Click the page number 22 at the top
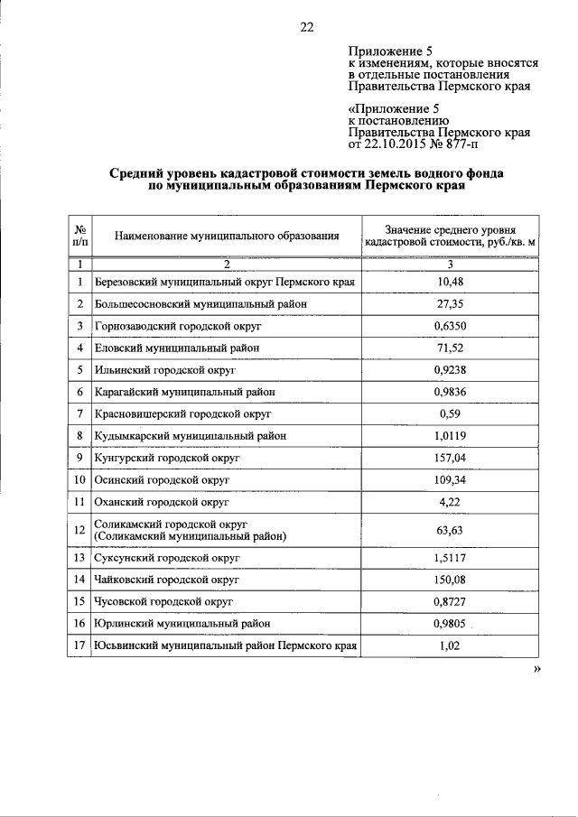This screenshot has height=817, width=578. (305, 27)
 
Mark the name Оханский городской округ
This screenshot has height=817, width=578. (162, 501)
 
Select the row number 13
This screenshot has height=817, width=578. (79, 558)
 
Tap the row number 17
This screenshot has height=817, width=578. (79, 645)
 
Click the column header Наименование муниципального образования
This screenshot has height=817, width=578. (227, 237)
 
